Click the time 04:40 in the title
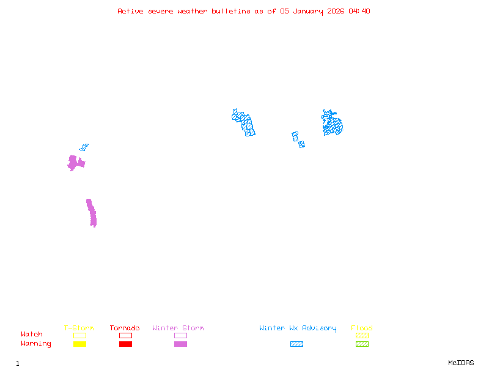359,11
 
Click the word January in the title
306,11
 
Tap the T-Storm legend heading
79,328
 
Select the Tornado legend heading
125,328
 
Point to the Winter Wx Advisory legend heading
298,328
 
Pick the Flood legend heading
362,328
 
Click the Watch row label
32,335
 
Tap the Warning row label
36,344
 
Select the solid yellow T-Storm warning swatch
79,344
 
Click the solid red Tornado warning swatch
125,344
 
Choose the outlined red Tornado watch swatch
125,335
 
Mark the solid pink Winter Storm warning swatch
180,344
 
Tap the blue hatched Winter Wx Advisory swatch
296,344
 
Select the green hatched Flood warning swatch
362,344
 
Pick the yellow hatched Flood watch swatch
362,335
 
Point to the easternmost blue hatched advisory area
332,124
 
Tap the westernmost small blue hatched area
84,147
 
